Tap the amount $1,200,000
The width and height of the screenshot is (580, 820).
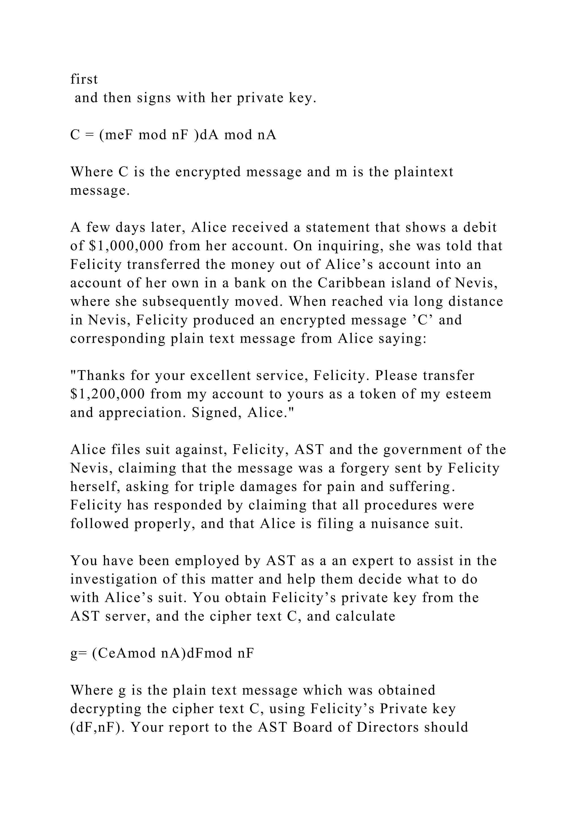coord(108,394)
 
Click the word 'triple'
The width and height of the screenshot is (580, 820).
coord(227,487)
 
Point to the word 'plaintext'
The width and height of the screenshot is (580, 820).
coord(424,172)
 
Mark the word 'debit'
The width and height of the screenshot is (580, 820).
coord(480,227)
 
